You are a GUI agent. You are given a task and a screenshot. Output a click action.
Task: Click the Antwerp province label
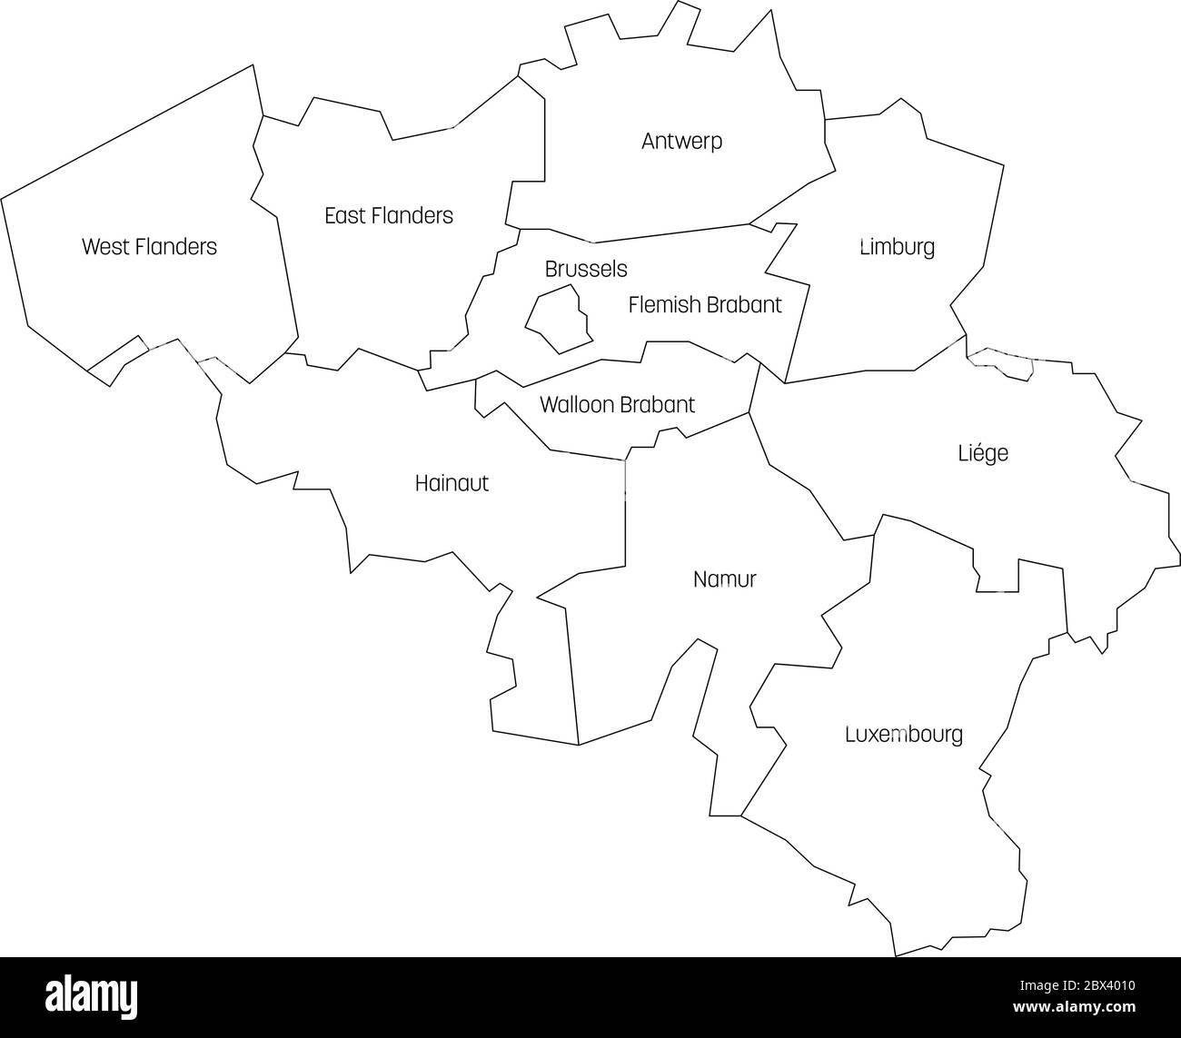pos(681,142)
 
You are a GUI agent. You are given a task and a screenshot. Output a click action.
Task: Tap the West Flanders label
pos(149,246)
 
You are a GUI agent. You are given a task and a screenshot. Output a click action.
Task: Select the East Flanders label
pos(389,215)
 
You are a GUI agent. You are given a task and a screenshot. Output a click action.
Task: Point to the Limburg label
pos(897,247)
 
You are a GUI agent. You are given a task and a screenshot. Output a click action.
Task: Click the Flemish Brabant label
pos(705,305)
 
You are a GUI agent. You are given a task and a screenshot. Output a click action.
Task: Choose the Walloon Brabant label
pos(617,404)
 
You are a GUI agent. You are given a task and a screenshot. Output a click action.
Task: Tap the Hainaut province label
pos(452,483)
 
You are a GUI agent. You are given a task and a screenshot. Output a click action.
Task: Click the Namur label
pos(724,579)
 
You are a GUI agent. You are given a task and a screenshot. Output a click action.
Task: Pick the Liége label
pos(983,452)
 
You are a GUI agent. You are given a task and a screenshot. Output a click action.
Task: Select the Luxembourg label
pos(903,735)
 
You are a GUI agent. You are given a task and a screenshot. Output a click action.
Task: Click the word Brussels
pos(586,270)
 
